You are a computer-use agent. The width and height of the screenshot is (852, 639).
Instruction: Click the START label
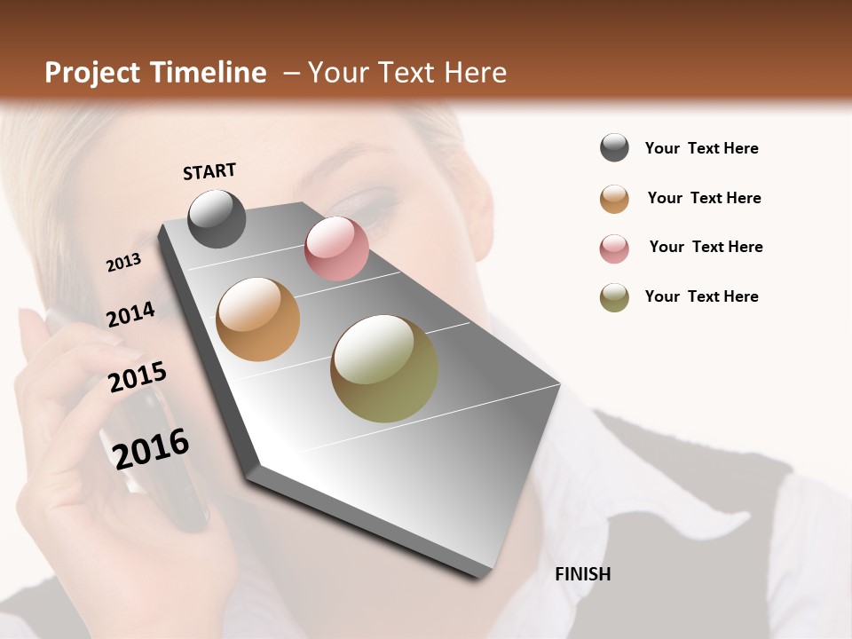click(209, 171)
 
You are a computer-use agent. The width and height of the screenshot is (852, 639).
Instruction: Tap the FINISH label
click(582, 574)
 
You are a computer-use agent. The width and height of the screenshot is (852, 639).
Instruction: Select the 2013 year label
click(123, 263)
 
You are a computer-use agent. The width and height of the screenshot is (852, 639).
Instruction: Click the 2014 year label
click(130, 315)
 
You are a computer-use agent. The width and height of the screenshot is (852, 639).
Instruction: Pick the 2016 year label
click(152, 448)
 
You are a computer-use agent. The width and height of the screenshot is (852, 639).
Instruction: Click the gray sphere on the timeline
click(217, 218)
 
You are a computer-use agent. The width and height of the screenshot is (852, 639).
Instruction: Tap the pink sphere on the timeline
click(336, 248)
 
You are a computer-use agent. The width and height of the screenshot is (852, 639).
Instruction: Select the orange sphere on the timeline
click(258, 319)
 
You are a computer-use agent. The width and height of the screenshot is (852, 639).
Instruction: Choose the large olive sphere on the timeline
click(384, 368)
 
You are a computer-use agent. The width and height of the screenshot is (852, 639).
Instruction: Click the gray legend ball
click(614, 148)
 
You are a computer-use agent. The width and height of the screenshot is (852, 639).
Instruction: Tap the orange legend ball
click(614, 198)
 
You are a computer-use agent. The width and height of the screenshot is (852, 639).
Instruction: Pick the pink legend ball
click(614, 248)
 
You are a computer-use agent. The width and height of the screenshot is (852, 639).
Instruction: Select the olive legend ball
click(614, 297)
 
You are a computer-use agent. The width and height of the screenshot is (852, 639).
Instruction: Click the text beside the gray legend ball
click(701, 148)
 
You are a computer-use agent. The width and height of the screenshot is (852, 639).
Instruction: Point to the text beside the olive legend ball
click(701, 296)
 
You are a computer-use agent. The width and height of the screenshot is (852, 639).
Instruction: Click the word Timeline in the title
click(209, 73)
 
